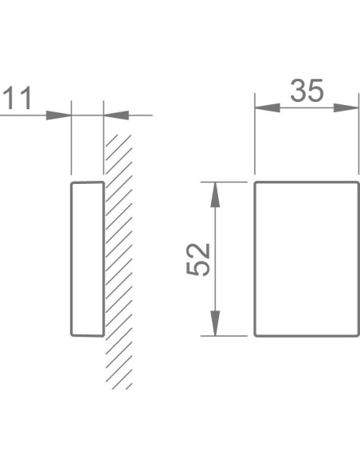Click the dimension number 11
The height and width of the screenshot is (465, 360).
pos(18,99)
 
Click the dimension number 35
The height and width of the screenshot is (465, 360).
pos(307,91)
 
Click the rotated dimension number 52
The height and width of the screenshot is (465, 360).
pos(198,260)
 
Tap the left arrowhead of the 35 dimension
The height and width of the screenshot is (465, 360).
pos(267,108)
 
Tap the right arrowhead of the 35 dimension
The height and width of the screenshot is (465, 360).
pos(346,108)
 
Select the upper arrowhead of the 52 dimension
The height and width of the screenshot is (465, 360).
pos(215,194)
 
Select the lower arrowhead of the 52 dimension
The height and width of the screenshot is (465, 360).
pos(215,323)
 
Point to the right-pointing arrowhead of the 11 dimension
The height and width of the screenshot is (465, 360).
pos(59,115)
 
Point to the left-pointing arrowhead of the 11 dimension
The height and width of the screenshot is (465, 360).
pos(116,115)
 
